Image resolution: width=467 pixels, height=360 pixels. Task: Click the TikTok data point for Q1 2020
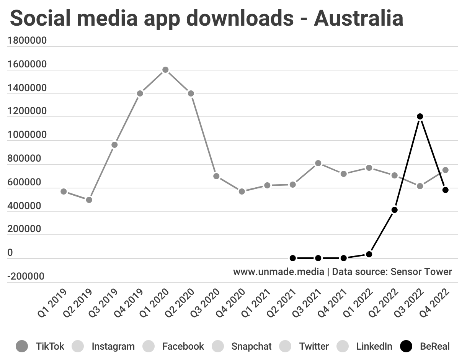[165, 70]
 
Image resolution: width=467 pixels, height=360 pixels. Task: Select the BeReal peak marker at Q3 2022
[420, 116]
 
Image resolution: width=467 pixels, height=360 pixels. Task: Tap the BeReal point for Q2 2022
[394, 210]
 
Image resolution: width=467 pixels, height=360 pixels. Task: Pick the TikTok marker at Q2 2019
[89, 200]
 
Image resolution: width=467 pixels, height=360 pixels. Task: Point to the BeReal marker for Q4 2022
[445, 190]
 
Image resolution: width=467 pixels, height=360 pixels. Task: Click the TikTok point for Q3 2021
[318, 163]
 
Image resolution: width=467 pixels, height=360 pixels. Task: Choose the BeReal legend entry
[425, 347]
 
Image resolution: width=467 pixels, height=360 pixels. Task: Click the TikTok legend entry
[40, 347]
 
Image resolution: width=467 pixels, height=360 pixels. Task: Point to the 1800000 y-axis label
[27, 41]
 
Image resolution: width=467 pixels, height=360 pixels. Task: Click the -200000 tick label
[25, 277]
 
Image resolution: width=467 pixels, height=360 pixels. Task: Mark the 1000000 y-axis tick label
[27, 135]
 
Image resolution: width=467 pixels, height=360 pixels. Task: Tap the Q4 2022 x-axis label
[434, 303]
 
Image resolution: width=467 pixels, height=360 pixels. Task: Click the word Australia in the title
[358, 18]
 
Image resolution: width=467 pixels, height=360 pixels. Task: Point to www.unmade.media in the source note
[279, 272]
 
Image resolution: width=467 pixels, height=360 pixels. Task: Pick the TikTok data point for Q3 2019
[114, 145]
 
